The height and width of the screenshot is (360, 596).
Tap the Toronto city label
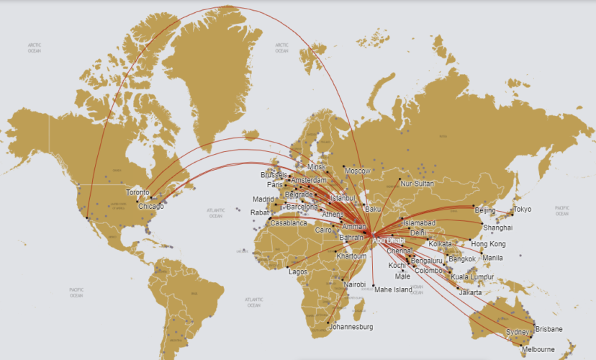point(137,193)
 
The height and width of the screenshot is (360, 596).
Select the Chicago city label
point(151,206)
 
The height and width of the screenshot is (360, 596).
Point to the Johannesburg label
point(351,327)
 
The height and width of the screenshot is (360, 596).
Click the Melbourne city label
point(538,349)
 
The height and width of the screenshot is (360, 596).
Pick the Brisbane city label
point(548,329)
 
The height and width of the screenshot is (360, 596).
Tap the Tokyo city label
point(523,210)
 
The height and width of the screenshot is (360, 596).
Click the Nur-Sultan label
point(418,184)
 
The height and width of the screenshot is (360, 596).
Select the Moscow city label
point(358,171)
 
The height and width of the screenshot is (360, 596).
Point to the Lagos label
point(298,271)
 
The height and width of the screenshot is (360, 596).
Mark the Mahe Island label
point(394,289)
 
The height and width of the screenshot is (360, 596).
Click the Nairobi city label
point(355,285)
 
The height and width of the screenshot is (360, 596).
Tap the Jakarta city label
point(470,292)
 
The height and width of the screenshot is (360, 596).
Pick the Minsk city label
point(317,167)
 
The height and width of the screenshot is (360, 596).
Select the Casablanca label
point(288,223)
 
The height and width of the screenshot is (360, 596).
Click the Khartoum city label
point(351,256)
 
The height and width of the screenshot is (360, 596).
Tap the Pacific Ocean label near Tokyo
point(562,210)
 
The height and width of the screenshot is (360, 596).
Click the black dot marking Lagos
point(287,266)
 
